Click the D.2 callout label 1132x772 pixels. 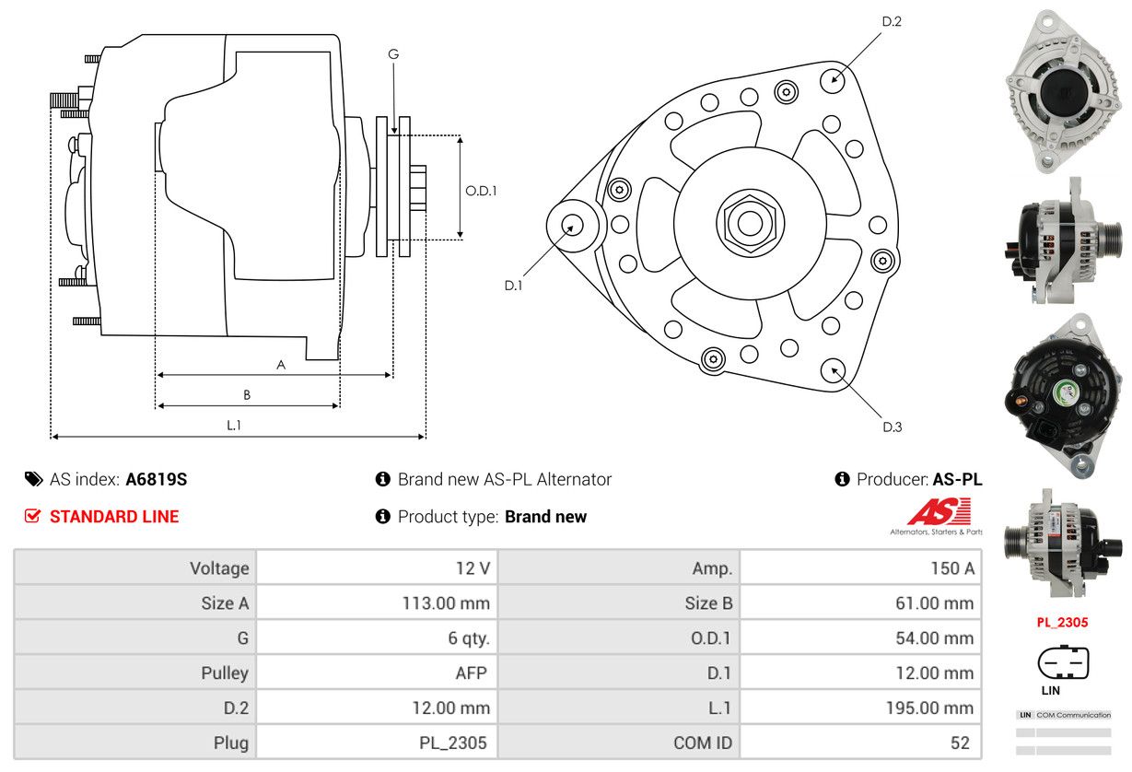click(x=891, y=21)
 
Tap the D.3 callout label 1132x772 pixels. click(x=892, y=427)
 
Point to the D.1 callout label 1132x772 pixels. click(x=513, y=286)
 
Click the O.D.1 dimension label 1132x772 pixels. click(x=481, y=191)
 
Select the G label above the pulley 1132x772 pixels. click(x=393, y=54)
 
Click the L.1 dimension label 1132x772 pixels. click(x=234, y=425)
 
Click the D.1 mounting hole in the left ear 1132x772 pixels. click(x=572, y=224)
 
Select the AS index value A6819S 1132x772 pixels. click(x=157, y=479)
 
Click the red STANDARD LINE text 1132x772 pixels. click(x=114, y=517)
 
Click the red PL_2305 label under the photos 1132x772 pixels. click(x=1062, y=622)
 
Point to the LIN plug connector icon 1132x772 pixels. click(x=1063, y=661)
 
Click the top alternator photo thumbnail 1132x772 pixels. click(x=1062, y=90)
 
